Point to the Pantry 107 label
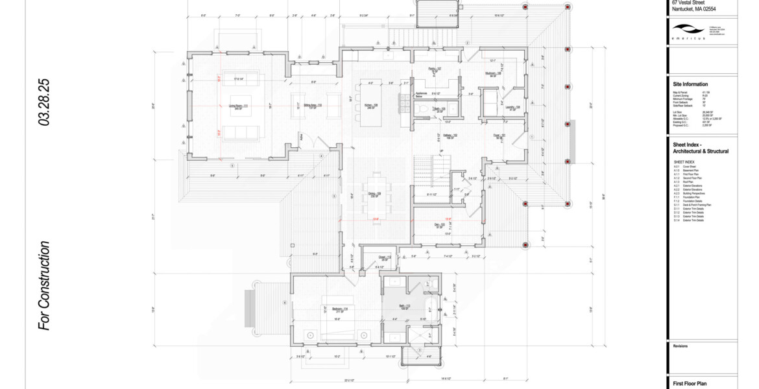click(x=435, y=69)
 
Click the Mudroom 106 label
click(x=494, y=74)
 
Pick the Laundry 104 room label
click(x=513, y=108)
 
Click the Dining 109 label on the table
click(x=374, y=194)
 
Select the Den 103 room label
click(x=439, y=225)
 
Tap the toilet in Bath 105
click(x=426, y=111)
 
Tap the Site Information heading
click(x=690, y=84)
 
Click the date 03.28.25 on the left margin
click(x=44, y=102)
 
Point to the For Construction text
click(x=44, y=285)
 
